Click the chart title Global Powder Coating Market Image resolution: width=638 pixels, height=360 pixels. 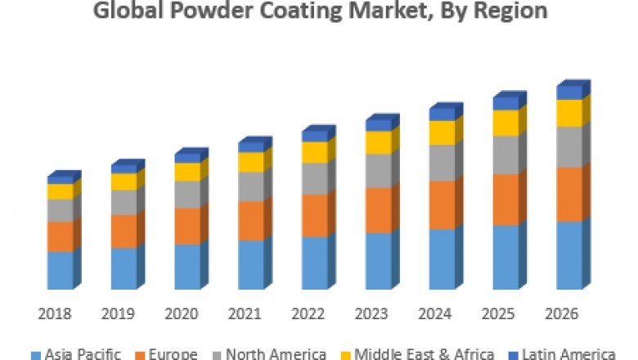(319, 11)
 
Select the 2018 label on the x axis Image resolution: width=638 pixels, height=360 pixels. (54, 314)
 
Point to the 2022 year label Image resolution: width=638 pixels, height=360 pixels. (308, 314)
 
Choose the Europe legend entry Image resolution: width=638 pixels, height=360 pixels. (167, 353)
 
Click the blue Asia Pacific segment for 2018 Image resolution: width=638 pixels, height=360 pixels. (60, 270)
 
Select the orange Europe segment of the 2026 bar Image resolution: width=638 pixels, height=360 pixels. (568, 194)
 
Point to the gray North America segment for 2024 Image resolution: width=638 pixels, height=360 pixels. (442, 162)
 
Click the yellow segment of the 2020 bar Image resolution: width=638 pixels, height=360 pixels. (187, 172)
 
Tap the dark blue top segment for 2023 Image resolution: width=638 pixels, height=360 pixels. (378, 125)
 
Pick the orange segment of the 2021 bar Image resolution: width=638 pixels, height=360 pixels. (251, 220)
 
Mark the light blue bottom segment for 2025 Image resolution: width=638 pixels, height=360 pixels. (505, 257)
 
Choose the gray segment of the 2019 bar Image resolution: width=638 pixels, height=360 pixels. (124, 202)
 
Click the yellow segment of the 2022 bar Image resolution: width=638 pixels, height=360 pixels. (314, 152)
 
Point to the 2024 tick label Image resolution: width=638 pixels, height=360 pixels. (434, 314)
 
